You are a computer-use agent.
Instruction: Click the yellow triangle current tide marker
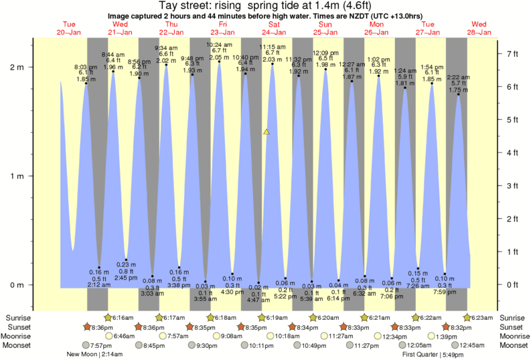pos(267,132)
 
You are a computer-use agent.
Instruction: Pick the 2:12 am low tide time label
pos(98,285)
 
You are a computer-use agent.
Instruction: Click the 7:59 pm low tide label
pos(444,291)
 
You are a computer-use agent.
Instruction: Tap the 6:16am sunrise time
pos(121,317)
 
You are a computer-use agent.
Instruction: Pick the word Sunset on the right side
pos(512,327)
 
